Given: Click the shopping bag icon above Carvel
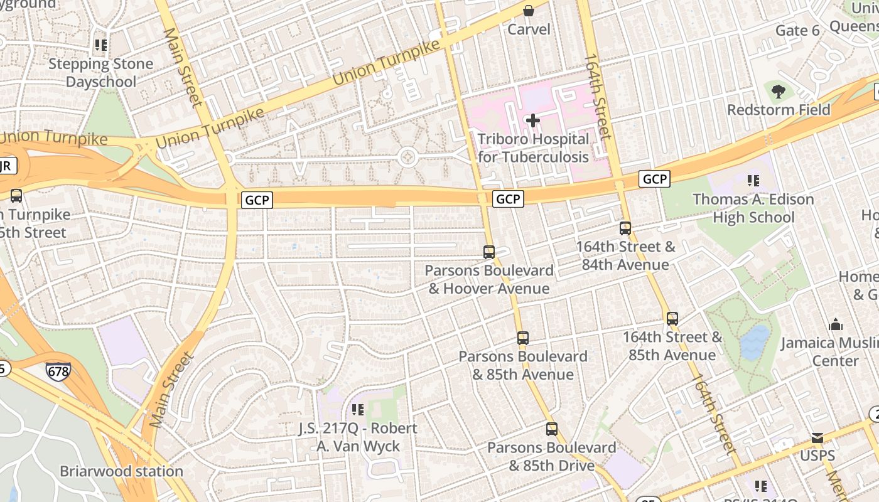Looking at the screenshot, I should [x=529, y=11].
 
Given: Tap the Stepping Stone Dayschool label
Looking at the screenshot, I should [x=100, y=73].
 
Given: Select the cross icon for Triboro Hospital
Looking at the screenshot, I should [x=533, y=120].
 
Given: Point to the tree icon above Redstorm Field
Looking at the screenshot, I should [x=779, y=92].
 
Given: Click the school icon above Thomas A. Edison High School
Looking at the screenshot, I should [x=753, y=181].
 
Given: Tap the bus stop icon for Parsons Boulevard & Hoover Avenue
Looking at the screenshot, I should [x=489, y=252].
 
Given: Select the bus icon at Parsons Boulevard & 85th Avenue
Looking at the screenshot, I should [x=523, y=338].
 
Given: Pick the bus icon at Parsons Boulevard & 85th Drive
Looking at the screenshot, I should [x=552, y=429].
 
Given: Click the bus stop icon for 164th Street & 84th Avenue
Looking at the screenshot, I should [x=625, y=228].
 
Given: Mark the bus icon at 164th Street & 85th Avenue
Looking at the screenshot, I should [x=672, y=319].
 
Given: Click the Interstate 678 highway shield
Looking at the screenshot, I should [x=58, y=371].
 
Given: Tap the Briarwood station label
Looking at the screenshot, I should [x=121, y=471].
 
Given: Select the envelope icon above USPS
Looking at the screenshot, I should [x=817, y=438].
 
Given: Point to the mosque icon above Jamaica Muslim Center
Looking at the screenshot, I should [x=836, y=325].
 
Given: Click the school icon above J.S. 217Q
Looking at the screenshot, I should [x=358, y=410].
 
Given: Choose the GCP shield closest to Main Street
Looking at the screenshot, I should [x=257, y=200].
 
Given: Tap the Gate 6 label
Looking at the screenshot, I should [x=797, y=31].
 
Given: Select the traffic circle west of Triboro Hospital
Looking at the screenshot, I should [x=407, y=157].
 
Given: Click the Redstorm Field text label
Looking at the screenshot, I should [x=779, y=110].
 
